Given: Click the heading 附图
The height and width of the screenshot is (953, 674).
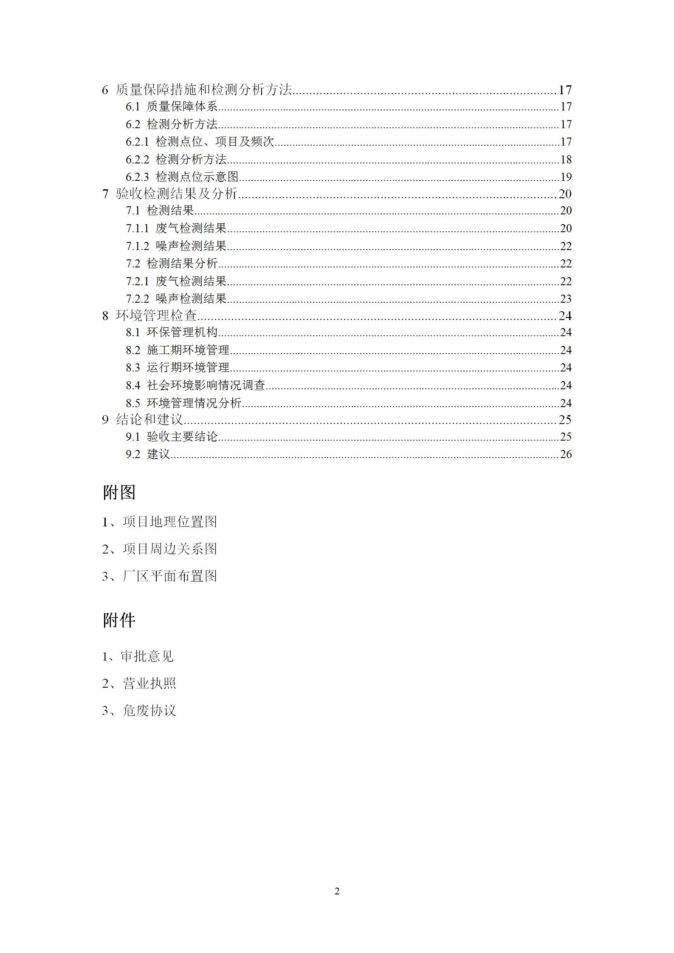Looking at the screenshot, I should coord(119,492).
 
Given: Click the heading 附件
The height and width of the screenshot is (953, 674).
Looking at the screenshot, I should coord(119,620).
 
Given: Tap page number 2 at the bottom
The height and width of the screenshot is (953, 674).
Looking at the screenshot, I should coord(337,891).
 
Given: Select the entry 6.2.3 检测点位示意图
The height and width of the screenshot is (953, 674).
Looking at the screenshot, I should coord(182,177).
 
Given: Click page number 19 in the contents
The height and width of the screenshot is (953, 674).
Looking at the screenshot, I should coord(566,177).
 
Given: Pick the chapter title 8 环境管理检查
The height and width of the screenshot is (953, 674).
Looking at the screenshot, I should coord(149,315).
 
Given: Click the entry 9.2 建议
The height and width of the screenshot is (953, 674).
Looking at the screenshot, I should coord(148,454).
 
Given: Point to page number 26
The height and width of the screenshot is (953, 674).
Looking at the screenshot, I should coord(566,454).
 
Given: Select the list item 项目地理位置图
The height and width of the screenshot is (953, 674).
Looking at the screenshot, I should coord(169,522).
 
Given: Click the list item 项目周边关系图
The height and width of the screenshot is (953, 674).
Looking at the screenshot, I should coord(169,549).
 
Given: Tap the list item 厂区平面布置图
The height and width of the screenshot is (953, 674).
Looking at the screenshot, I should coord(169,576).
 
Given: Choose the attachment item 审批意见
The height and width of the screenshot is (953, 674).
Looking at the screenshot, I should coord(147,656).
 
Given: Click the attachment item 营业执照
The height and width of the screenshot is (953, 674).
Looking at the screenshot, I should coord(149,683).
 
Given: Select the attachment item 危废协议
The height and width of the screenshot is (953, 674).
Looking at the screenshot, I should coord(149,711).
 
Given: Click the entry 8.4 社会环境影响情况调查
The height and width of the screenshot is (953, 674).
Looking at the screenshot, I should coord(195,385).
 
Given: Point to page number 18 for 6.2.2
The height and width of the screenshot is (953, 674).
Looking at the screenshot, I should coord(566,159).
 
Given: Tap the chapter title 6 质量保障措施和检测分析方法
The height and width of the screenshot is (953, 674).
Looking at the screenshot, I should coord(197,90).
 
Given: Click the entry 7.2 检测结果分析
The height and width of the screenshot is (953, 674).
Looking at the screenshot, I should coord(172,264).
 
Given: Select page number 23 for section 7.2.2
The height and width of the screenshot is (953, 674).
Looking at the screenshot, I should coord(566,299).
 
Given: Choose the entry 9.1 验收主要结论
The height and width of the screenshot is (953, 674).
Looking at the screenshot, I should coord(172,436).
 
